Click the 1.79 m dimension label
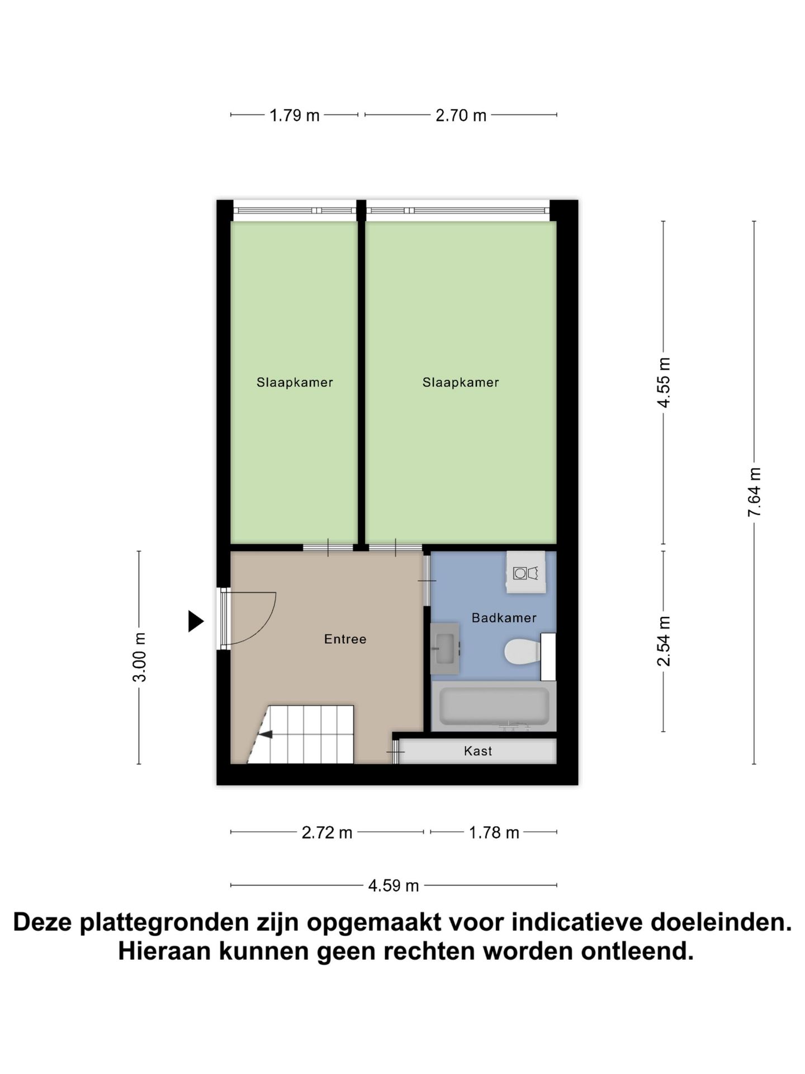(x=294, y=115)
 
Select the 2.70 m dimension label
(x=461, y=115)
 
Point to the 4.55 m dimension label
(x=664, y=382)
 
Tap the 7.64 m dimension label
(x=755, y=492)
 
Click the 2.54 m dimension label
(x=664, y=641)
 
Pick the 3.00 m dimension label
(x=139, y=657)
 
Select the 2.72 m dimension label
(x=327, y=833)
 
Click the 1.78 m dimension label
(x=494, y=833)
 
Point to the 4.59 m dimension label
(x=394, y=885)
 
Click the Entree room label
(x=345, y=639)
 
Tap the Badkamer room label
(x=504, y=618)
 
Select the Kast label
(x=478, y=751)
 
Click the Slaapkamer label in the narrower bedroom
(x=295, y=383)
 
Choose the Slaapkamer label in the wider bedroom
(x=461, y=383)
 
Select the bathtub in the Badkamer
(x=494, y=706)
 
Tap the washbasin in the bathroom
(x=445, y=648)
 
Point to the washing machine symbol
(x=525, y=573)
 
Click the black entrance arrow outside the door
(x=195, y=621)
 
